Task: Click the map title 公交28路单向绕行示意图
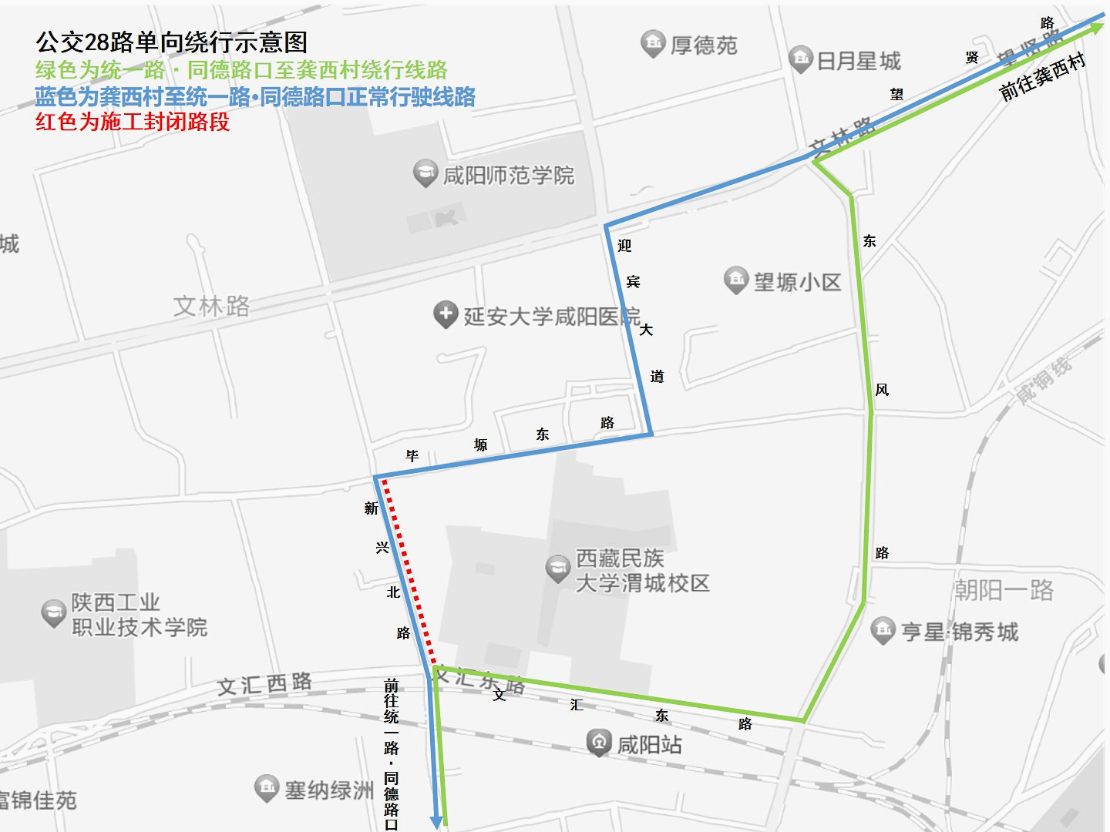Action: (x=171, y=42)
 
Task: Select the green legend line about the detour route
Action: (x=241, y=70)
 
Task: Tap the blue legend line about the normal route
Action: (x=255, y=97)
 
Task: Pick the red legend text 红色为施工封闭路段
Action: (x=133, y=122)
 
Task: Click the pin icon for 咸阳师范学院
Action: (x=425, y=173)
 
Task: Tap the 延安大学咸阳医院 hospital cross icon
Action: (x=445, y=314)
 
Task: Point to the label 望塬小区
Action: (x=797, y=282)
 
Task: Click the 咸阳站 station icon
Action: (x=599, y=743)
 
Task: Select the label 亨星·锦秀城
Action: (x=960, y=632)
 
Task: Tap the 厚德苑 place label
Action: (x=704, y=45)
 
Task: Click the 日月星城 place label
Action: (x=859, y=61)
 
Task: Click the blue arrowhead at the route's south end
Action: (x=436, y=821)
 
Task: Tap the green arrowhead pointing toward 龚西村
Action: (x=1095, y=29)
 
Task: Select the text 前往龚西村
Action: (x=1042, y=76)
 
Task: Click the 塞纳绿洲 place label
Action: (x=329, y=790)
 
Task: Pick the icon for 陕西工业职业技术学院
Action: (x=53, y=613)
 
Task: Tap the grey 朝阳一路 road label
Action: (x=1004, y=591)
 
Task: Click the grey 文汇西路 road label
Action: (x=264, y=684)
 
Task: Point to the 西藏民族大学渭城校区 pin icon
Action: (x=557, y=569)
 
